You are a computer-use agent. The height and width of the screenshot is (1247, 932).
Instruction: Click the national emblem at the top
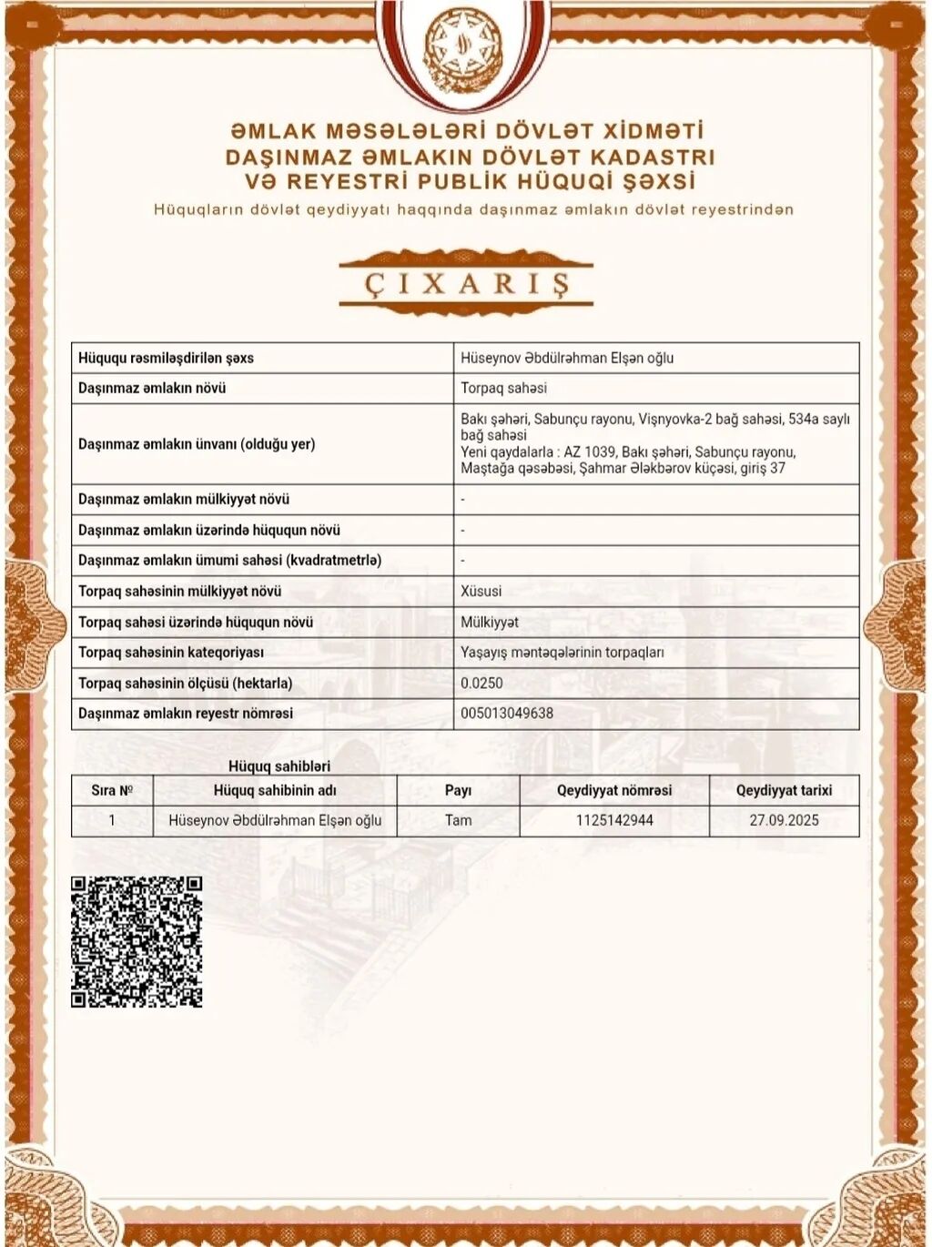[464, 50]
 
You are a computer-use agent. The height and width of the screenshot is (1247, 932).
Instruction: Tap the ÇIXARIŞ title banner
[466, 283]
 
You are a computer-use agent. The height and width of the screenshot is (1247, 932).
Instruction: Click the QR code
[137, 941]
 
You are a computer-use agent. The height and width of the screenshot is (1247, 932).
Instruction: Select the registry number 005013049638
[507, 714]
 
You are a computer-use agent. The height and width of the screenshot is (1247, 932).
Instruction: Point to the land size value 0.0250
[481, 684]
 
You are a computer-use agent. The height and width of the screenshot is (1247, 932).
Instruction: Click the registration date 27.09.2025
[784, 820]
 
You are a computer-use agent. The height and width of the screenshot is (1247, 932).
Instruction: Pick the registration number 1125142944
[614, 820]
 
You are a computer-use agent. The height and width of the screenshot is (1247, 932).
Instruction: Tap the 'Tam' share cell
[458, 820]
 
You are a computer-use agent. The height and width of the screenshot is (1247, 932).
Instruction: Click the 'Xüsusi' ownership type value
[481, 592]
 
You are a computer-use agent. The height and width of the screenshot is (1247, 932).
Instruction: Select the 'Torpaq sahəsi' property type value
[503, 388]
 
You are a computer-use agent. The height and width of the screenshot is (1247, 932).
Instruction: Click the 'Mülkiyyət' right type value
[490, 622]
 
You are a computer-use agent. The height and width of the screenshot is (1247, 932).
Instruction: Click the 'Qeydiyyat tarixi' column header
[784, 790]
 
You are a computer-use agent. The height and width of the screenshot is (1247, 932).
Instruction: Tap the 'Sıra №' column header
[112, 790]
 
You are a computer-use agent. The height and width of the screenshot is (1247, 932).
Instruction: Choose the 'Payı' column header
[458, 790]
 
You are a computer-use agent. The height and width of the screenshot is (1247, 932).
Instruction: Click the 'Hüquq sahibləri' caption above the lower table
[279, 766]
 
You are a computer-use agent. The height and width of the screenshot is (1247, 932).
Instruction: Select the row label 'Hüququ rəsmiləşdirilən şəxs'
[166, 358]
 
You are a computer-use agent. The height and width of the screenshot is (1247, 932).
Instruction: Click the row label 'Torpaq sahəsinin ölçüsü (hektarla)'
[185, 684]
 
